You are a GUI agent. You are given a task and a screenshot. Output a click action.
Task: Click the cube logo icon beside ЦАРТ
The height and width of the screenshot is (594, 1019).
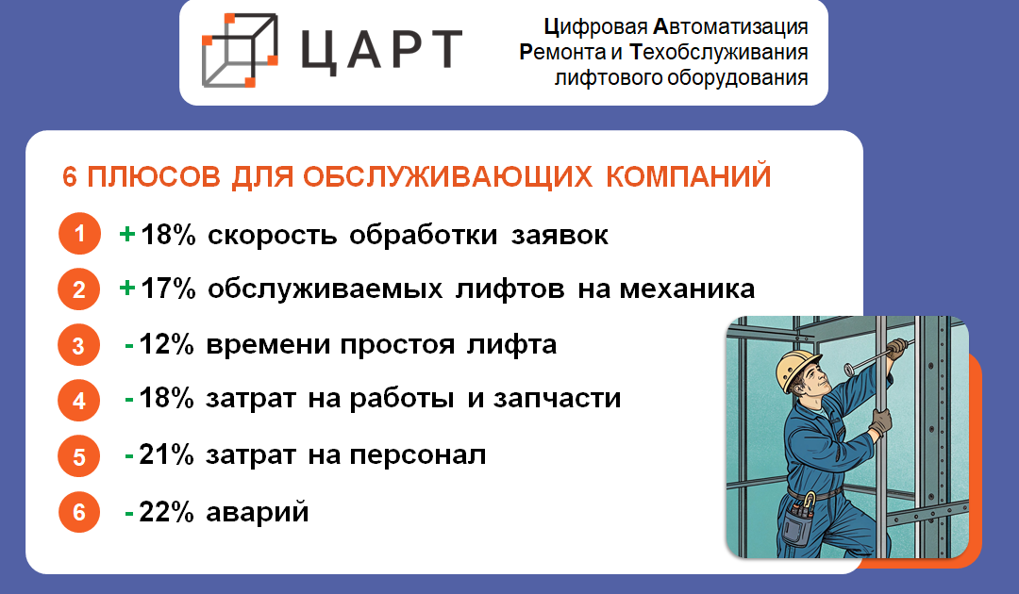[240, 50]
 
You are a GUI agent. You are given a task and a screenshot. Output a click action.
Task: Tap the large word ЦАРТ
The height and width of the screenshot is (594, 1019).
[381, 50]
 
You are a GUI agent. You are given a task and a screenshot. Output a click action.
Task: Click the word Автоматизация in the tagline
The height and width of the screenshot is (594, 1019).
[730, 27]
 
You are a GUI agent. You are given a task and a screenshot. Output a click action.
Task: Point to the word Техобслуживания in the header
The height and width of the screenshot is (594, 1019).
[719, 52]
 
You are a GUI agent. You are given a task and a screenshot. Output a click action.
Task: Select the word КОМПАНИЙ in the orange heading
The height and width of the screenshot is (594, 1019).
[688, 176]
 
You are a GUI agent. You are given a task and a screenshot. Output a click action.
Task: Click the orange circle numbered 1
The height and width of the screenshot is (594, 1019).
[79, 233]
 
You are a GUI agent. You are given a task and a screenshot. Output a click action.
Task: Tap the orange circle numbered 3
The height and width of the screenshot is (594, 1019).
[78, 345]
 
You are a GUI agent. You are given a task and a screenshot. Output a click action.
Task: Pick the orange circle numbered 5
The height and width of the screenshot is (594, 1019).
[78, 456]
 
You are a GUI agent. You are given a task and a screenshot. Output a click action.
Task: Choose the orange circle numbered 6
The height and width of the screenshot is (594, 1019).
[78, 512]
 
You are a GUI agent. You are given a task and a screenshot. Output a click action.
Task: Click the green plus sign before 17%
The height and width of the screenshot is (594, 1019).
[127, 288]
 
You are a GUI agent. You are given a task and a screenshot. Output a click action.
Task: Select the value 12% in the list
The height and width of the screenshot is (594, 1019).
[166, 344]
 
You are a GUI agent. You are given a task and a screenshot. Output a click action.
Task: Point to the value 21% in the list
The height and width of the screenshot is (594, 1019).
[166, 454]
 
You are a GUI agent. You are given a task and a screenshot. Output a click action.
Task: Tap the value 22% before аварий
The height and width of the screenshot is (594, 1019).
[166, 512]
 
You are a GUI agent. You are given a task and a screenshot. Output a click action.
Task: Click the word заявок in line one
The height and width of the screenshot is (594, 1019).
[560, 235]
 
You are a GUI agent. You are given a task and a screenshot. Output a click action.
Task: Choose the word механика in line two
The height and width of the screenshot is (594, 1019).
[687, 289]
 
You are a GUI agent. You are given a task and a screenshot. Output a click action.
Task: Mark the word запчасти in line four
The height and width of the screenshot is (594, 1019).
[557, 399]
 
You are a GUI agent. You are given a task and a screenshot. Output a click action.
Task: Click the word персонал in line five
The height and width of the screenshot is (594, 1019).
[418, 455]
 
